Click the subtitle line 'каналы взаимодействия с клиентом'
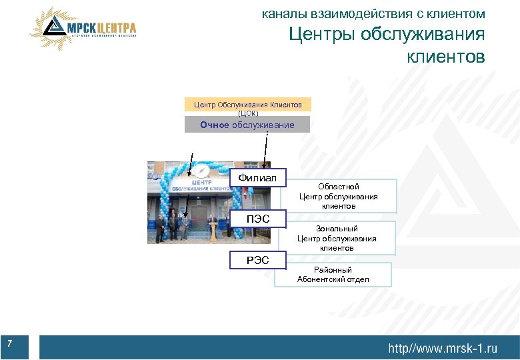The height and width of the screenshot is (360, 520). click(373, 13)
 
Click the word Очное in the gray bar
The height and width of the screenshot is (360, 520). click(215, 125)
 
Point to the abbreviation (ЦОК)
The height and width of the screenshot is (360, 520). click(247, 113)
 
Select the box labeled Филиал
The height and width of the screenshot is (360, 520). click(257, 177)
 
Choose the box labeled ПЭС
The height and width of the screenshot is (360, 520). click(257, 219)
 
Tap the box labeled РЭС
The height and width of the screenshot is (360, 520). click(257, 260)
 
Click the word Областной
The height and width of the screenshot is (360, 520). click(338, 187)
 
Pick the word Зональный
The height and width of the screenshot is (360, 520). click(337, 229)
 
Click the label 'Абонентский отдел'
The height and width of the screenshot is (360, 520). click(333, 279)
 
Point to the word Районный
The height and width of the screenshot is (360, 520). click(333, 270)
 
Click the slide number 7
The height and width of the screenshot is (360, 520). click(10, 343)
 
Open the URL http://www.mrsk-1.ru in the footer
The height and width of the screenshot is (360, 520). click(443, 347)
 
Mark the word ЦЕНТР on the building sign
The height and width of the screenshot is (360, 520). click(201, 181)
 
